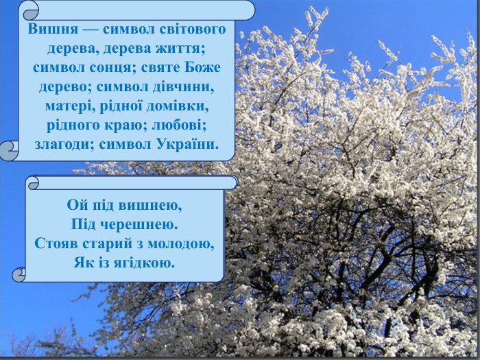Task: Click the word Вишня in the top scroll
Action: click(x=51, y=30)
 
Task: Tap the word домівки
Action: click(x=182, y=107)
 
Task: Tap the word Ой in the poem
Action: click(x=75, y=205)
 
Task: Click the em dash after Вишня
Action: click(x=86, y=30)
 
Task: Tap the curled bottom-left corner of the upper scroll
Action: click(x=10, y=149)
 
